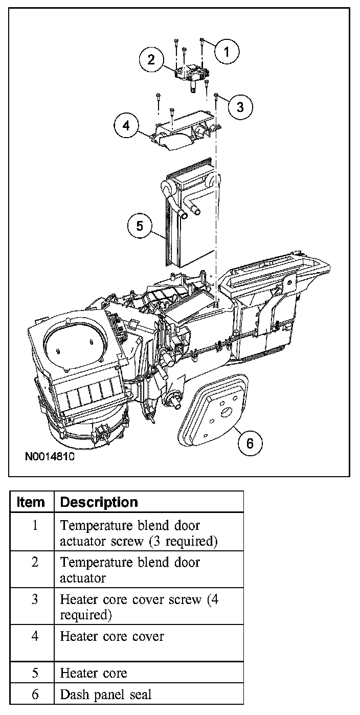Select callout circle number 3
click(240, 106)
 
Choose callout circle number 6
click(250, 442)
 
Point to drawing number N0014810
click(49, 456)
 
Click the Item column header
click(31, 502)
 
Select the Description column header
click(99, 502)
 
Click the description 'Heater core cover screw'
click(130, 599)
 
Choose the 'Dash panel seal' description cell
click(105, 695)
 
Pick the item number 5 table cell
click(35, 673)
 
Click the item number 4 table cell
click(35, 637)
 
